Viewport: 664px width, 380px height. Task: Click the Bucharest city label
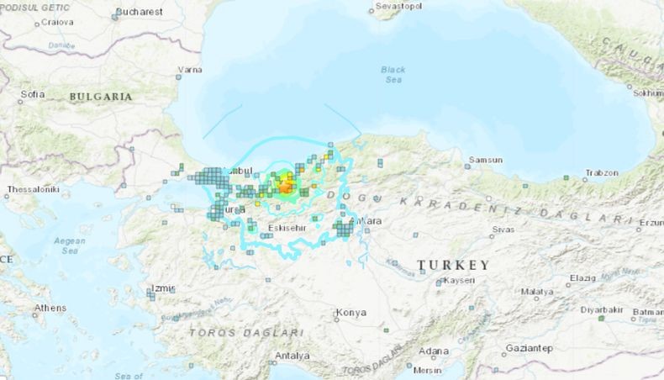(x=140, y=12)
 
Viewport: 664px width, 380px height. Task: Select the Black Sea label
(x=393, y=74)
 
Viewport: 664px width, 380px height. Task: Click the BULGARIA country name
(x=101, y=97)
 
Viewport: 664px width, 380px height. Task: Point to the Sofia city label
(x=33, y=94)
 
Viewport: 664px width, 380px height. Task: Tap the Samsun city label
(x=487, y=160)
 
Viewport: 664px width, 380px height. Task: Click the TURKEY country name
(x=452, y=265)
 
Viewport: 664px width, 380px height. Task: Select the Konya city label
(x=350, y=313)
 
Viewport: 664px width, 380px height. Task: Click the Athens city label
(x=50, y=308)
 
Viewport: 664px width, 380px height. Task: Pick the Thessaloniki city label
(x=31, y=190)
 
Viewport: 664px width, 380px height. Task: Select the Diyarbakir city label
(x=602, y=309)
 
